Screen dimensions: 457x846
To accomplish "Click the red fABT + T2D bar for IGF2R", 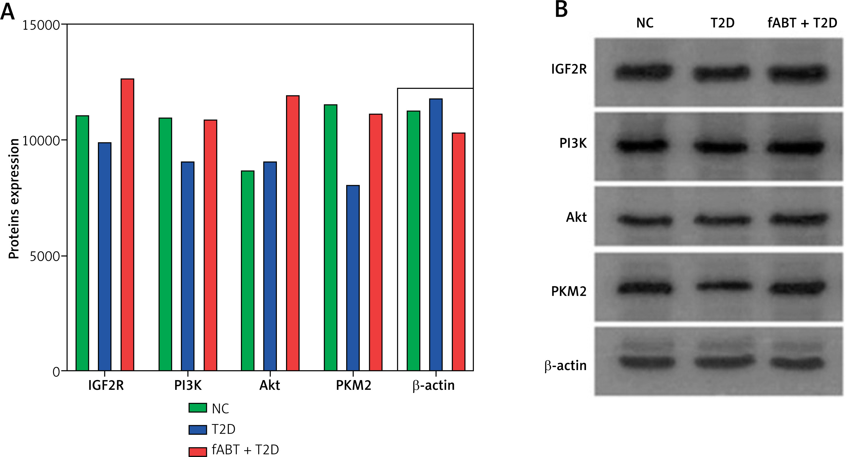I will tap(127, 225).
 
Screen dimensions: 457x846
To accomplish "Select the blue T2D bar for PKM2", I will tap(353, 278).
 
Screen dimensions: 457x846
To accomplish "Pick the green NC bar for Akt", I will tap(247, 271).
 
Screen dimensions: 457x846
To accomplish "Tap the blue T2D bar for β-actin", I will tap(436, 235).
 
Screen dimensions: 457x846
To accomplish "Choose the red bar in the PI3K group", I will tap(210, 245).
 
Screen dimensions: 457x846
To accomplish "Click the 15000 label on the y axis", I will tap(41, 25).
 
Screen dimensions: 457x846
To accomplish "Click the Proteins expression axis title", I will tap(14, 199).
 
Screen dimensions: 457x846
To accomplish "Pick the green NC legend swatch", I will tap(197, 408).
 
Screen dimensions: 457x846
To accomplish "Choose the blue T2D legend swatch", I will tap(197, 429).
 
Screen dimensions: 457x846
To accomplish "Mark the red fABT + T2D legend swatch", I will tap(197, 451).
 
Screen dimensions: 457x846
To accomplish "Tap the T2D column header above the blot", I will tap(722, 23).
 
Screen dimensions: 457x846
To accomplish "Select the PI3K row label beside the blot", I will tap(573, 144).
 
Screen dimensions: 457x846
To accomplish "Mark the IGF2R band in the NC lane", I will tap(644, 72).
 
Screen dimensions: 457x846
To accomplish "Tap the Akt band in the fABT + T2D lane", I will tap(796, 219).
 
